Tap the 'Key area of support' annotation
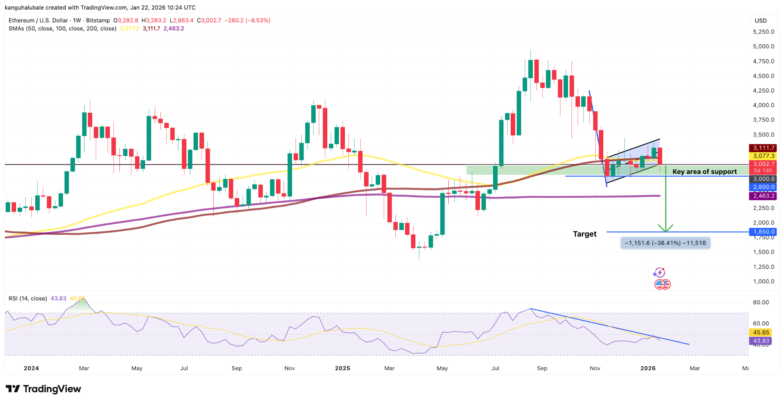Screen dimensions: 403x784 [704, 172]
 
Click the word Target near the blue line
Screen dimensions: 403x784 [585, 234]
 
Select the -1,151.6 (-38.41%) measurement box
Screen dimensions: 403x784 [665, 243]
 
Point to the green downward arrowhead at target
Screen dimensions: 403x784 [666, 229]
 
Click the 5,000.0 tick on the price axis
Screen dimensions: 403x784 [763, 46]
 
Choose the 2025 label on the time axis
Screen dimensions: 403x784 [342, 368]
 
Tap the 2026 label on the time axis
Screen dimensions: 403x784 [648, 368]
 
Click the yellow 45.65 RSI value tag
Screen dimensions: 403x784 [761, 333]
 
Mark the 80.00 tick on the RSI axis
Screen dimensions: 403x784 [761, 302]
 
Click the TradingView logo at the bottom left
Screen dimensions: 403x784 [43, 389]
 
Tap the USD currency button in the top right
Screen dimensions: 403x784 [761, 21]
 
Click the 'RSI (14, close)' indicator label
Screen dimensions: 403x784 [28, 299]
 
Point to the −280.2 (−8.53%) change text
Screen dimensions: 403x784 [247, 21]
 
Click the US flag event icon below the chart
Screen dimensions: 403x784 [662, 284]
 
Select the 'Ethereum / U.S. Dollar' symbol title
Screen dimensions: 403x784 [38, 21]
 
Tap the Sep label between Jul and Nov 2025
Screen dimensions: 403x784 [542, 368]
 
